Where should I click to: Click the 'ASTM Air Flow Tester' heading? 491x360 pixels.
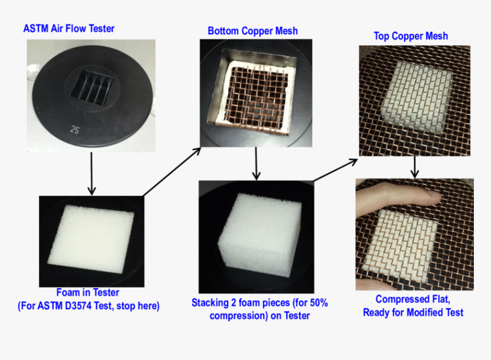tap(69, 28)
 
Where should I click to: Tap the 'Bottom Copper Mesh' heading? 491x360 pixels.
tap(252, 30)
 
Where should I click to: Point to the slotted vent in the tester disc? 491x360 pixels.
tap(91, 85)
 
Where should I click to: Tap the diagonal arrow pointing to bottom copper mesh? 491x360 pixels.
tap(171, 171)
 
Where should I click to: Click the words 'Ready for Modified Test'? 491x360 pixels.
tap(413, 312)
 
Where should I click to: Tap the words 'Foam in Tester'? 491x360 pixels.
tap(88, 293)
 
